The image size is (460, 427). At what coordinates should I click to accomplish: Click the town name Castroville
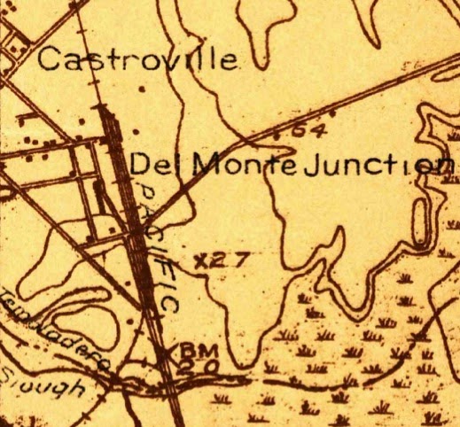click(x=140, y=60)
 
